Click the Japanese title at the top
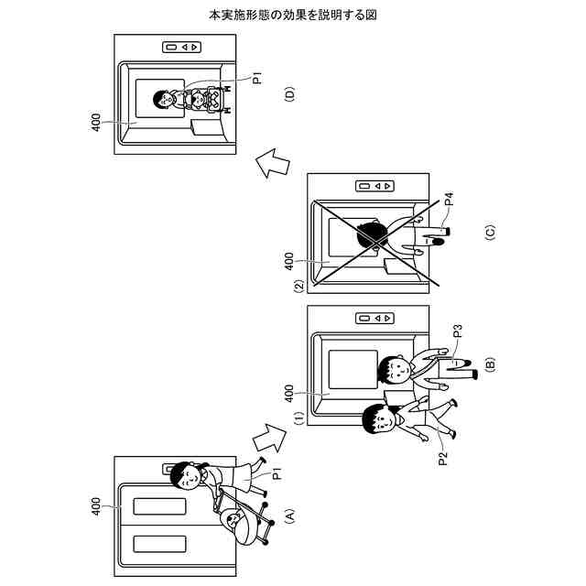pyautogui.click(x=293, y=16)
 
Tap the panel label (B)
pyautogui.click(x=490, y=364)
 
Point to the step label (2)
pyautogui.click(x=298, y=287)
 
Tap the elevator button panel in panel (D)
pyautogui.click(x=179, y=47)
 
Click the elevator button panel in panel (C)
pyautogui.click(x=375, y=186)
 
